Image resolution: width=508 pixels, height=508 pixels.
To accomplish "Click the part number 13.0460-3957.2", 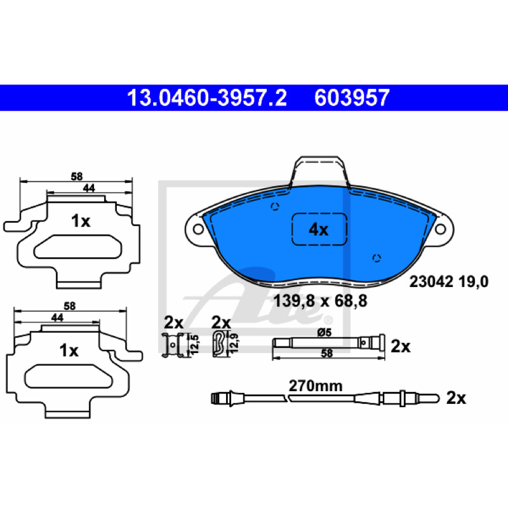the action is (x=207, y=98).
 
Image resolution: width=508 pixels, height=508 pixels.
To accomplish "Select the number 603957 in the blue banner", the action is (x=352, y=98).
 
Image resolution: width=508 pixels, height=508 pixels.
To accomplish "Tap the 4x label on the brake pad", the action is (x=319, y=230).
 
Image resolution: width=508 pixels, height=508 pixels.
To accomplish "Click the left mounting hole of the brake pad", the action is (x=198, y=229).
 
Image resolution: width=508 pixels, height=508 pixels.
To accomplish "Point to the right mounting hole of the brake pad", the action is (x=440, y=229).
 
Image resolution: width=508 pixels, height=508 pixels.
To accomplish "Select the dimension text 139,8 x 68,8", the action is (x=320, y=301).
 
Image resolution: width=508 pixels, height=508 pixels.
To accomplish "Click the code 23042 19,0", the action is (x=449, y=282).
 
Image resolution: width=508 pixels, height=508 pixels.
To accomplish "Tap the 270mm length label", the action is (x=316, y=386).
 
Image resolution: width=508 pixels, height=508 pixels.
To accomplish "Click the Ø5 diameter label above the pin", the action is (x=324, y=332).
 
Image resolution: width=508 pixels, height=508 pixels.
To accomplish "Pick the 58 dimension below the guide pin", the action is (x=326, y=353).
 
